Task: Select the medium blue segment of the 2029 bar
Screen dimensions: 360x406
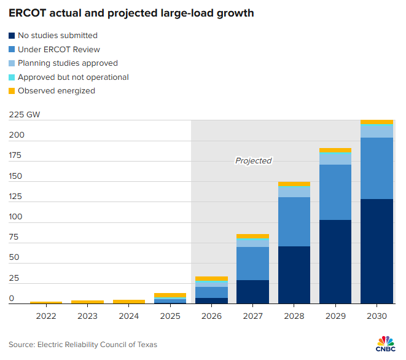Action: [x=335, y=192]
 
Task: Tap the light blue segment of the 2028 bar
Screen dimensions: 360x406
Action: [x=294, y=192]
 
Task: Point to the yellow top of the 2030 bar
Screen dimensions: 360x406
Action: [x=377, y=122]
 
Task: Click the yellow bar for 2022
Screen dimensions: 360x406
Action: [x=46, y=302]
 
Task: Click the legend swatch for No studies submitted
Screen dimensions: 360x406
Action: [x=12, y=36]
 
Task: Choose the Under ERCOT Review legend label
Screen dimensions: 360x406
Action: [x=58, y=50]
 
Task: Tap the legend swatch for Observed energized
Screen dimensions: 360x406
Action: [x=12, y=91]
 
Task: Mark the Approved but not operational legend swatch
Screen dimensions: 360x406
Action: [x=12, y=77]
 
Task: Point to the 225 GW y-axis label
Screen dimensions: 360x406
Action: [x=24, y=114]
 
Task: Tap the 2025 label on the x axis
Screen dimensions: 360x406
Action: [x=170, y=316]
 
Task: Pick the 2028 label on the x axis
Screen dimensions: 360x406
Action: [x=294, y=316]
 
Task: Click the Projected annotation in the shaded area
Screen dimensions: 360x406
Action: [x=253, y=161]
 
